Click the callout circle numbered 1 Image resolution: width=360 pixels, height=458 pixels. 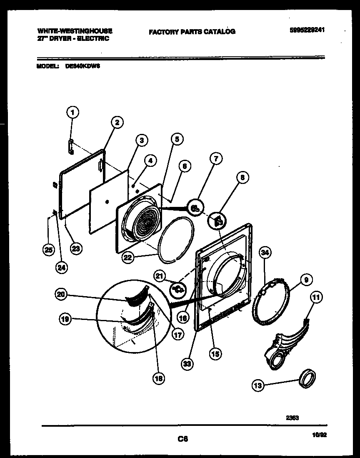pyautogui.click(x=72, y=112)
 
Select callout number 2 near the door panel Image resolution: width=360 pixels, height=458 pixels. pyautogui.click(x=117, y=122)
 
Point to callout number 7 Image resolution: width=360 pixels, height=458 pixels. pyautogui.click(x=216, y=159)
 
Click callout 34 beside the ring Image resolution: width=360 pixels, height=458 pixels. pyautogui.click(x=265, y=252)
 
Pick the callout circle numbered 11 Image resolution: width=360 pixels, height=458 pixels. pyautogui.click(x=316, y=297)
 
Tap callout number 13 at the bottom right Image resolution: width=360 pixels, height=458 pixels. pyautogui.click(x=258, y=386)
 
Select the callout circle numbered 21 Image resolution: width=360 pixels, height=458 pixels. pyautogui.click(x=159, y=276)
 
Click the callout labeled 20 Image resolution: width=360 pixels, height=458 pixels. pyautogui.click(x=61, y=294)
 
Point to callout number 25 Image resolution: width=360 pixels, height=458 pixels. pyautogui.click(x=48, y=250)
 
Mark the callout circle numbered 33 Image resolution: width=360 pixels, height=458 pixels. pyautogui.click(x=187, y=364)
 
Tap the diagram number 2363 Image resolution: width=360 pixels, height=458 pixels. pyautogui.click(x=293, y=416)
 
